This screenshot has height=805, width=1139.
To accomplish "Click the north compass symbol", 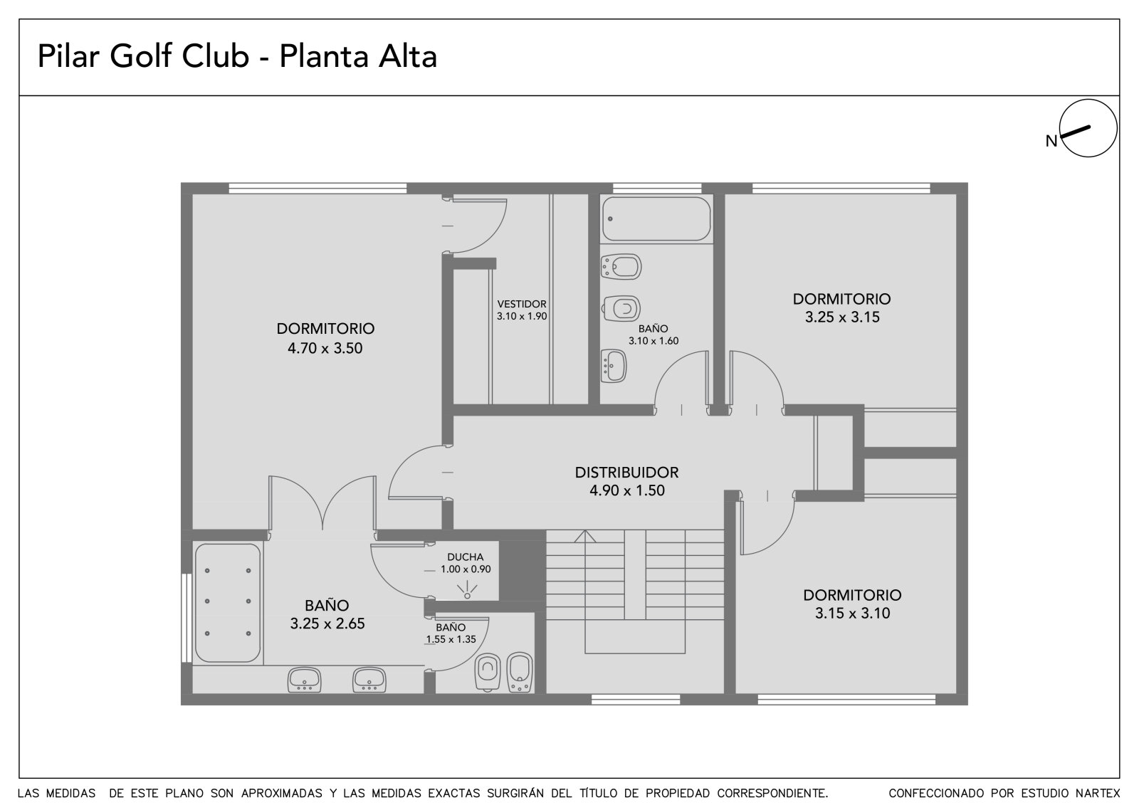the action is point(1088,128).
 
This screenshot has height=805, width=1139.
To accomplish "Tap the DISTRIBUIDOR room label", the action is point(626,473).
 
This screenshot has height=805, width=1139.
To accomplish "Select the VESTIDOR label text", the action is point(522,304).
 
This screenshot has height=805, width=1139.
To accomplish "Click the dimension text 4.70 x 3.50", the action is point(325,348).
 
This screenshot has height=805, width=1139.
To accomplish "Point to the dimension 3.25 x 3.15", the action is point(842,317).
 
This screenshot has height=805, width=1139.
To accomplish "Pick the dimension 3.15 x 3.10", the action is point(853,614).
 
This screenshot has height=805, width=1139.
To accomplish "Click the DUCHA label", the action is point(466,557).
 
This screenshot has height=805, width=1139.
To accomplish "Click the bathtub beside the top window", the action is point(656,219).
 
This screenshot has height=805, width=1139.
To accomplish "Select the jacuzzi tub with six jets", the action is point(227,603).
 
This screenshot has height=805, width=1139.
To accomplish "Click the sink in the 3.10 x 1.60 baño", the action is point(613,366).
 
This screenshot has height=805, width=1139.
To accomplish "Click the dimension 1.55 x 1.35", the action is point(451,639).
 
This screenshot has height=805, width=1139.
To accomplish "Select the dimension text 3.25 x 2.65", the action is point(327,624).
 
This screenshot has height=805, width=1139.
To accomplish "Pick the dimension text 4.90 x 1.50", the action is point(627,490).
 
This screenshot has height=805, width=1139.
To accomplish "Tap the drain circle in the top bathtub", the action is point(610,219).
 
